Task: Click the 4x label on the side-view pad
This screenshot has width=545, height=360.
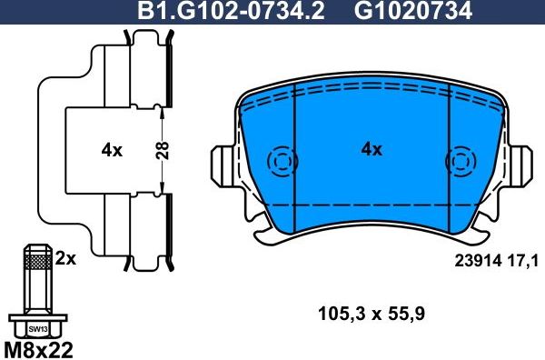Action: click(x=111, y=151)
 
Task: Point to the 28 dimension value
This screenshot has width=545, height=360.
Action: click(x=162, y=150)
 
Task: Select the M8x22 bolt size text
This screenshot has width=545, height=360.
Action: click(x=40, y=349)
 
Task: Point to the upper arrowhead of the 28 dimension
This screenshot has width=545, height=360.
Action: click(x=162, y=110)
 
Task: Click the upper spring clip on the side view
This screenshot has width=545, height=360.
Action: click(x=150, y=64)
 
